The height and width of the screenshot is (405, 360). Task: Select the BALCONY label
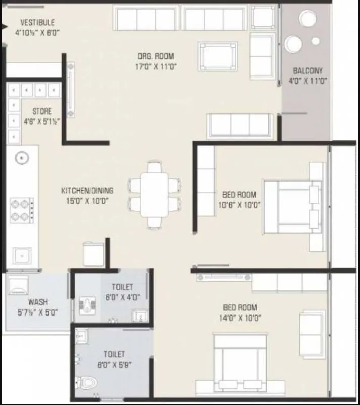pyautogui.click(x=307, y=71)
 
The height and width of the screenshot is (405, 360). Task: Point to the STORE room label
pyautogui.click(x=41, y=111)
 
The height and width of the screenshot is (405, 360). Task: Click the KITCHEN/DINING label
pyautogui.click(x=87, y=191)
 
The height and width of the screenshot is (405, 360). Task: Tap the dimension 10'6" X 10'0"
pyautogui.click(x=240, y=205)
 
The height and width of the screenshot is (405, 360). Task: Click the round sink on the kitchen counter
pyautogui.click(x=22, y=158)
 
